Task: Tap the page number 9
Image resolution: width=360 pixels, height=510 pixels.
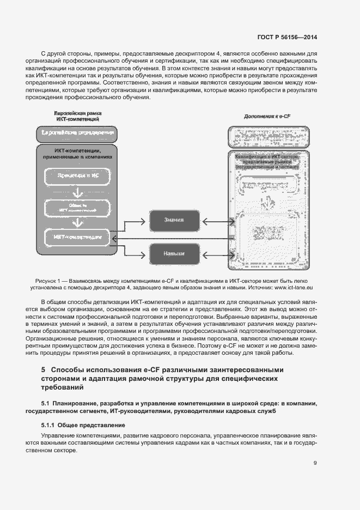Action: (x=315, y=464)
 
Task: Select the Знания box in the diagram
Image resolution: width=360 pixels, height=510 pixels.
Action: (x=174, y=220)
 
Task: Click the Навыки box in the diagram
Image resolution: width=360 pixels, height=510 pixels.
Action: (x=174, y=254)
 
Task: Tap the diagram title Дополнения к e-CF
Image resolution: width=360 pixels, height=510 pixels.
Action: (x=267, y=117)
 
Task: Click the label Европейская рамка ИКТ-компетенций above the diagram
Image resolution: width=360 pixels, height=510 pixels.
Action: (x=77, y=116)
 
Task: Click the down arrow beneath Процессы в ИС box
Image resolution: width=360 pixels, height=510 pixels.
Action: (x=76, y=192)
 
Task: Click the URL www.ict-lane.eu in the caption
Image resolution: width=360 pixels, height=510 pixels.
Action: (x=295, y=287)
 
